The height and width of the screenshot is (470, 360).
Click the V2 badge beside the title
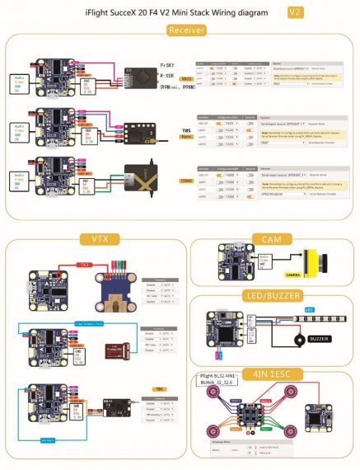[x=296, y=12]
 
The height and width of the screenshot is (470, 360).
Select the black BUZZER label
[x=320, y=338]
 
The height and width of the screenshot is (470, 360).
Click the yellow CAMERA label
[x=292, y=274]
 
